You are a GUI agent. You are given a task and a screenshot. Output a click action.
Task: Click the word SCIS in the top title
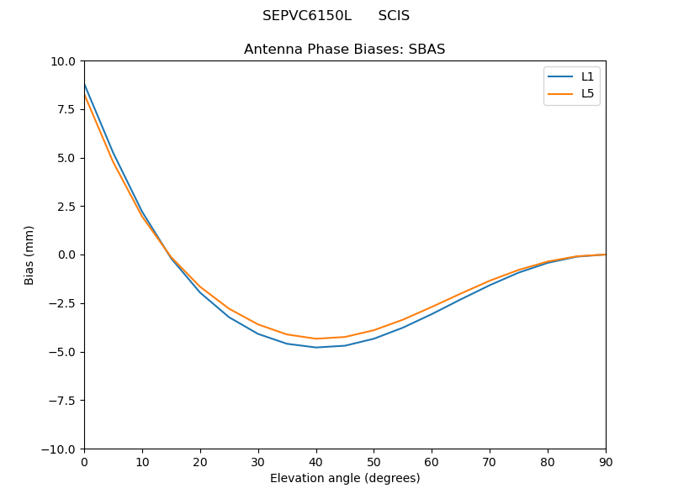tap(394, 16)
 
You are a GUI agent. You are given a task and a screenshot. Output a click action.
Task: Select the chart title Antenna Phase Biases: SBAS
tap(344, 50)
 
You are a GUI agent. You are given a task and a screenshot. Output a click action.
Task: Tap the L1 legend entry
tap(587, 76)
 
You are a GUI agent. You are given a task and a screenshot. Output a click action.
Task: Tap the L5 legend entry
tap(587, 93)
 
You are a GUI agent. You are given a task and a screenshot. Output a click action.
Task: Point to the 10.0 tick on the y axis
tap(63, 61)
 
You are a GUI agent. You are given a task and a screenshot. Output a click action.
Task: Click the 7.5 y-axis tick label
tap(66, 110)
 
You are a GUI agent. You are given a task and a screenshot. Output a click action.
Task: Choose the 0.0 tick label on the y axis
tap(66, 255)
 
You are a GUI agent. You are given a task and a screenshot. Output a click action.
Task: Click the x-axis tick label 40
tap(315, 462)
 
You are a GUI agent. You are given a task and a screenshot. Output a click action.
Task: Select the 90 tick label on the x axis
tap(606, 462)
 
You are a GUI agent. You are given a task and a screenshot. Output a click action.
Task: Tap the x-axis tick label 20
tap(200, 462)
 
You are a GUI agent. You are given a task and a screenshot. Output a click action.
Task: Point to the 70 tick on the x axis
tap(490, 462)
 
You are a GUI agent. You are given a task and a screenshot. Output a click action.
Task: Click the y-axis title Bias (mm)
tap(29, 255)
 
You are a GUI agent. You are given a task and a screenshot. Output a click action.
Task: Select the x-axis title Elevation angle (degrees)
tap(344, 479)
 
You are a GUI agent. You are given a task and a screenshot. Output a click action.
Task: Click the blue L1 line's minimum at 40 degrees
tap(315, 347)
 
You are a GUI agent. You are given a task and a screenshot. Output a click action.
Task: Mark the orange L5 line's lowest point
tap(315, 339)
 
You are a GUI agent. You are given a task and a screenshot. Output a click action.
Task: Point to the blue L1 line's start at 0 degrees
tap(85, 84)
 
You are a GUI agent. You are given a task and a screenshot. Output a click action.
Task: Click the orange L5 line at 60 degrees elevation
tap(432, 307)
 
